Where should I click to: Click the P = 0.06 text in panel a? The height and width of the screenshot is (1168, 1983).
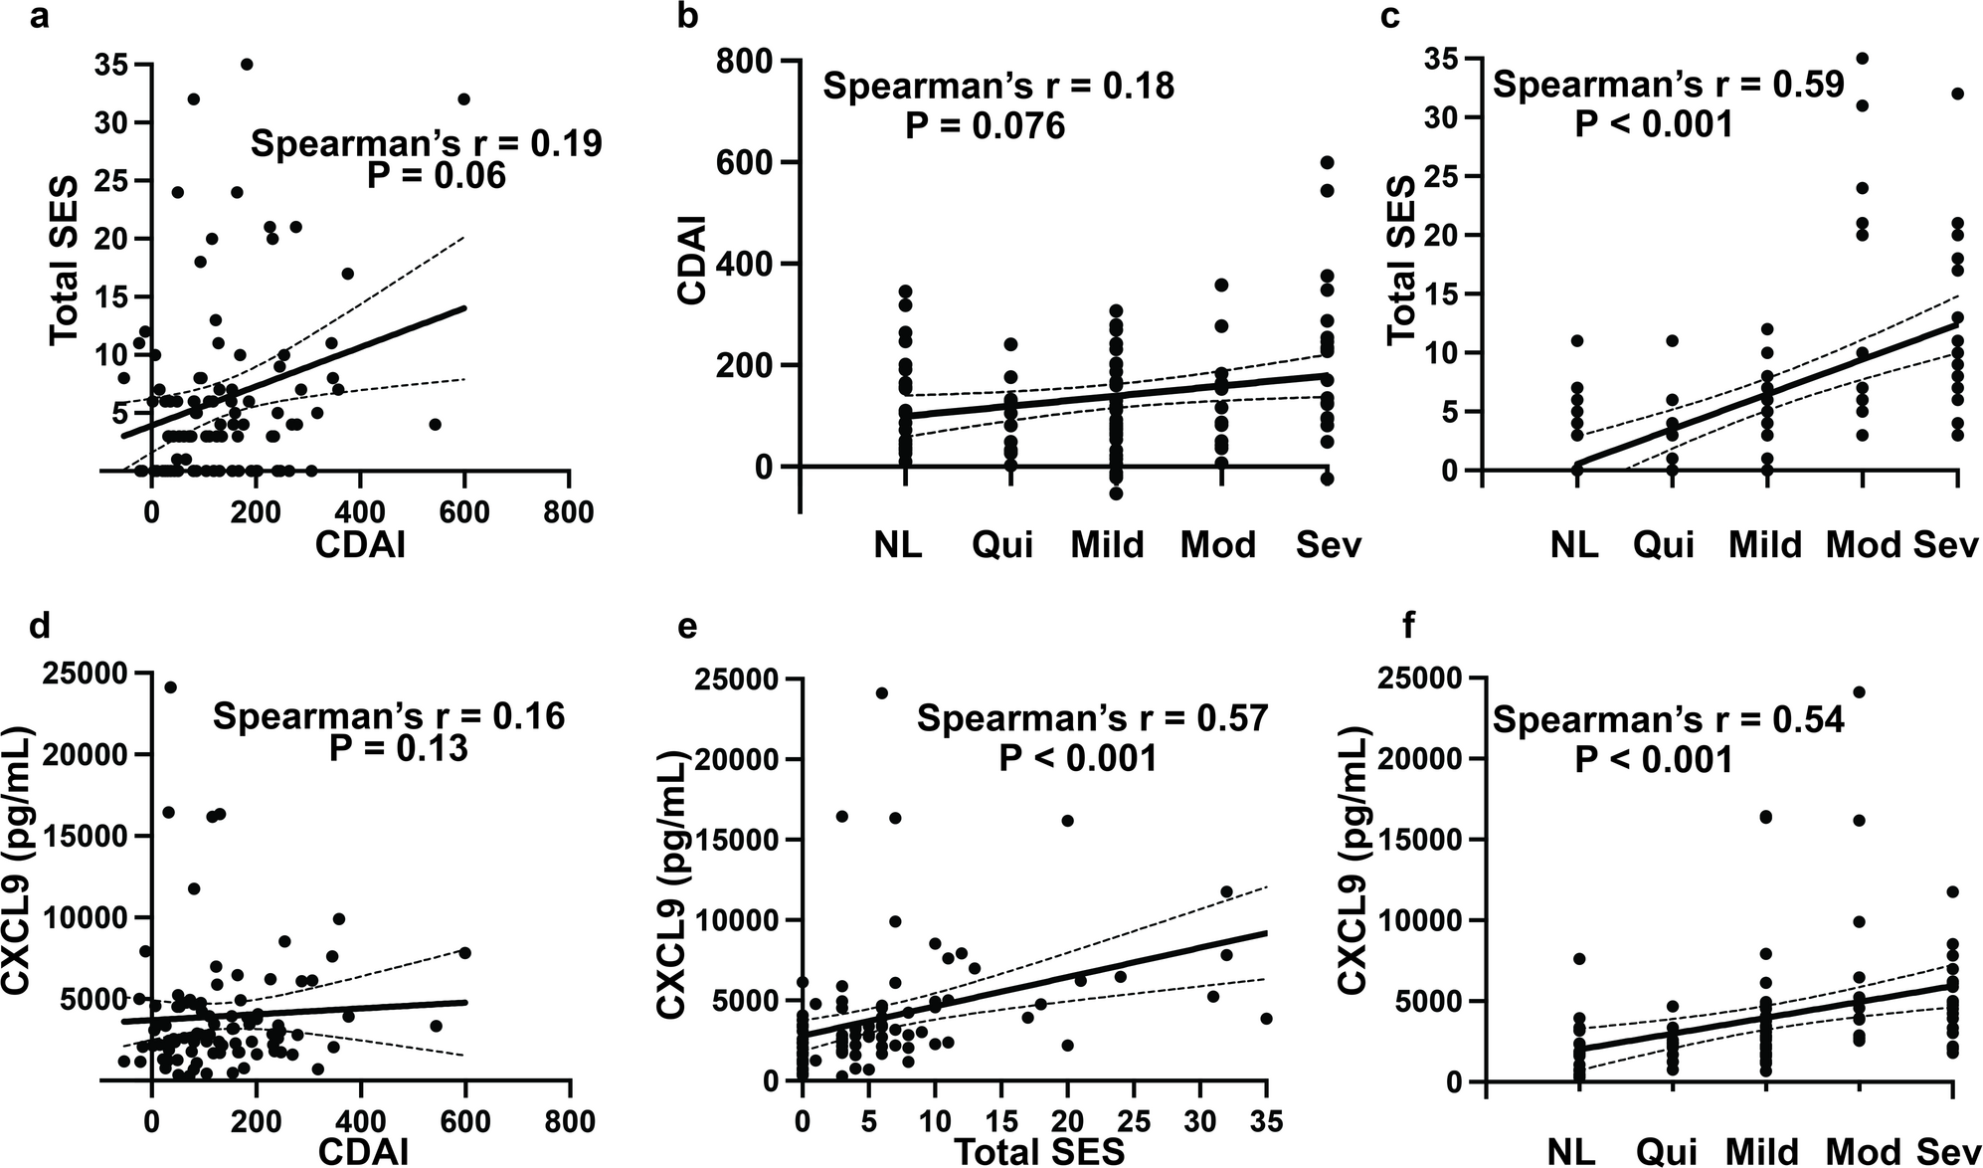437,176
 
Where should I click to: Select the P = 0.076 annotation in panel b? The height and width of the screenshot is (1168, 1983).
985,126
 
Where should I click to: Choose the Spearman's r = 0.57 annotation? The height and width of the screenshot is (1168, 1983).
1092,717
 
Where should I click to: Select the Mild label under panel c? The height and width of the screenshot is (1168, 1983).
1765,545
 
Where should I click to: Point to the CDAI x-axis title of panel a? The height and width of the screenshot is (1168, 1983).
359,545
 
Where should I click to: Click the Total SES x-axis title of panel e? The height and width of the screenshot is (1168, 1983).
1039,1151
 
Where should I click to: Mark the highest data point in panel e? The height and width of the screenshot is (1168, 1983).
881,692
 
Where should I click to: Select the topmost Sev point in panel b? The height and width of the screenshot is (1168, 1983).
1327,162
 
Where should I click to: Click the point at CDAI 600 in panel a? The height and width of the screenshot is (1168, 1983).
463,98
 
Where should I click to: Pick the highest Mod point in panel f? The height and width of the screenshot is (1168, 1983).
1859,691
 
